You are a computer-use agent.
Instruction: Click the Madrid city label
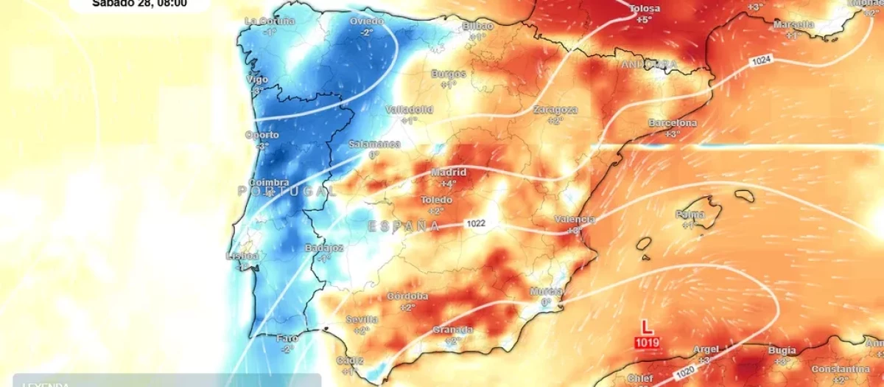click(x=449, y=172)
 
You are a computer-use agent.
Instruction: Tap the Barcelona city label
click(x=672, y=122)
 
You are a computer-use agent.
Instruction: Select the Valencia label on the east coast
click(x=575, y=220)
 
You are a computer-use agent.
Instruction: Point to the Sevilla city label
click(x=362, y=320)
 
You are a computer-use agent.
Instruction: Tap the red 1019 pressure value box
click(x=647, y=343)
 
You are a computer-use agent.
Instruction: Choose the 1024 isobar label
click(x=760, y=60)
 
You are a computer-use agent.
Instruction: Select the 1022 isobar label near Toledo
click(x=475, y=223)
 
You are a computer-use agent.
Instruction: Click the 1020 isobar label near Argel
click(x=685, y=374)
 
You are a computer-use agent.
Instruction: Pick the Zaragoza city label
click(x=555, y=110)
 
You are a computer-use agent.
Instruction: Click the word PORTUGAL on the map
click(x=287, y=191)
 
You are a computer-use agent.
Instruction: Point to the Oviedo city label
click(x=367, y=21)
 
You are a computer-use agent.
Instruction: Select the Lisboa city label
click(x=242, y=256)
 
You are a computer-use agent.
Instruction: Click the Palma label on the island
click(x=690, y=215)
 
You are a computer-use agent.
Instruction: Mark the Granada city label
click(x=452, y=330)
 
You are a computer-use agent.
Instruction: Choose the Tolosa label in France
click(x=645, y=9)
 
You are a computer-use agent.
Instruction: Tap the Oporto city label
click(x=262, y=135)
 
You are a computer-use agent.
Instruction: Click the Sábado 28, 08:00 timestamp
click(x=139, y=4)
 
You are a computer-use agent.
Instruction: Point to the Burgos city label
click(x=449, y=74)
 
